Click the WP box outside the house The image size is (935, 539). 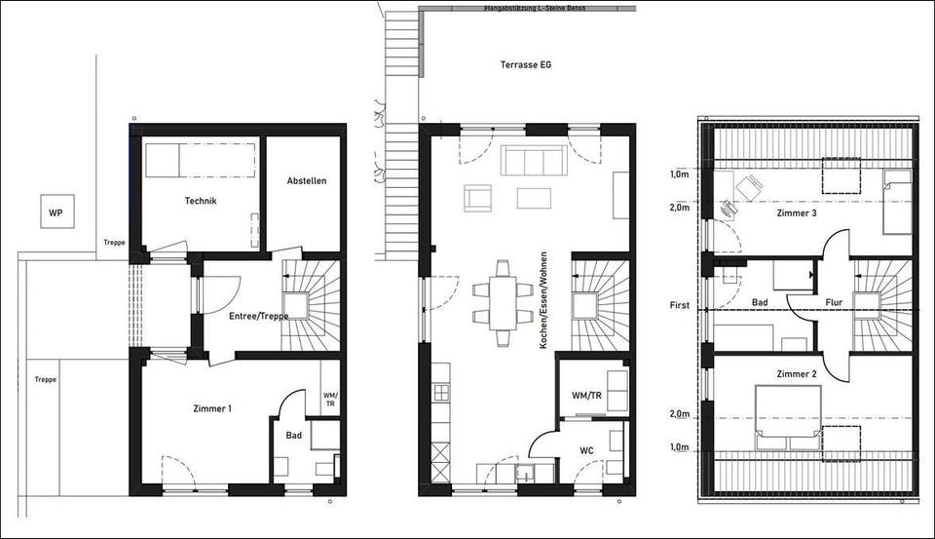[x=56, y=212]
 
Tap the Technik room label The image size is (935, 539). [x=200, y=201]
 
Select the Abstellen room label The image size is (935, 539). [x=307, y=181]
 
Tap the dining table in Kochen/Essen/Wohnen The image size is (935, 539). [x=503, y=302]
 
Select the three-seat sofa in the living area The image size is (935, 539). [x=532, y=161]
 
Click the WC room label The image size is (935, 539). [x=586, y=450]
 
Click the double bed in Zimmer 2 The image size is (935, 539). [x=788, y=417]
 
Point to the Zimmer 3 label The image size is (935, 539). [x=797, y=212]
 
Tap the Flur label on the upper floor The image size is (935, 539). [x=834, y=303]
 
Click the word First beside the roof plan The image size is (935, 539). [x=679, y=305]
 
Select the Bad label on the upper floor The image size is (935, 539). [x=761, y=303]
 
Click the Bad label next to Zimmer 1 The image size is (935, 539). [x=293, y=436]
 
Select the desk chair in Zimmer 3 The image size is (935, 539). [x=729, y=208]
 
